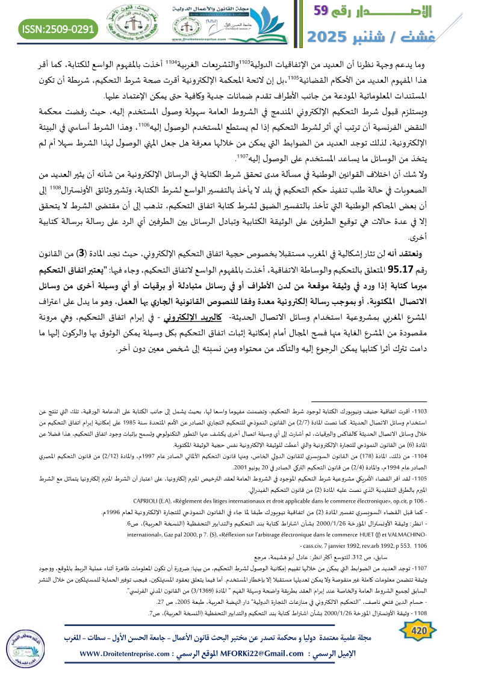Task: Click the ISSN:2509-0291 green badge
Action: click(x=58, y=28)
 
